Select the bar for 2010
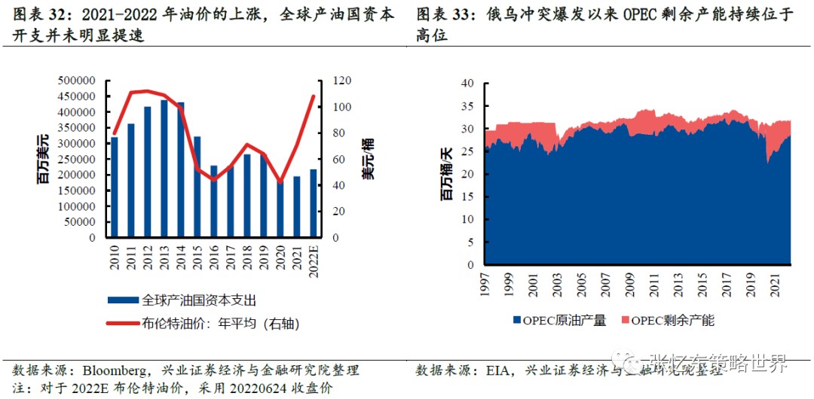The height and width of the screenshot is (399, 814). click(x=115, y=187)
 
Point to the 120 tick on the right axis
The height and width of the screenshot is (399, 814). click(x=342, y=81)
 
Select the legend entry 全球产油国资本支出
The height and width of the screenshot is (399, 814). click(x=199, y=300)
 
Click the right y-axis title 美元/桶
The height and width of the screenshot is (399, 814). click(x=367, y=158)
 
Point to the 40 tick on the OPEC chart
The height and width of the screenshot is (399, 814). click(x=467, y=84)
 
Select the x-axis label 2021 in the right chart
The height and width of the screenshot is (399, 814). click(x=774, y=284)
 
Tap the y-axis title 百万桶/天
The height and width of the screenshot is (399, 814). click(x=446, y=173)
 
